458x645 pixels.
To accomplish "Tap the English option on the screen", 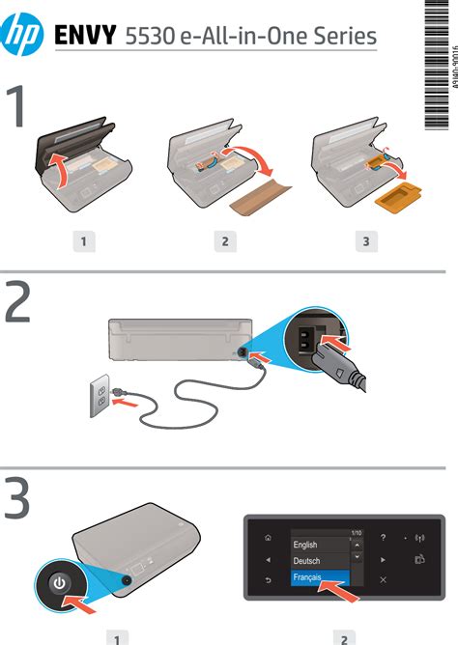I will pos(305,545).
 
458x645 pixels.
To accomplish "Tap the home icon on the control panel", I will pos(268,538).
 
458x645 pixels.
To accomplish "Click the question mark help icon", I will pos(383,537).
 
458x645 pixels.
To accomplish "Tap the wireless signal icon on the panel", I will pos(419,538).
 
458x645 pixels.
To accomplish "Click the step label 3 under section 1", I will pos(365,241).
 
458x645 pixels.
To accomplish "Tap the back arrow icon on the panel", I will pos(268,579).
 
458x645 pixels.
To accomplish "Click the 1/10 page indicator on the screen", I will pos(356,532).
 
